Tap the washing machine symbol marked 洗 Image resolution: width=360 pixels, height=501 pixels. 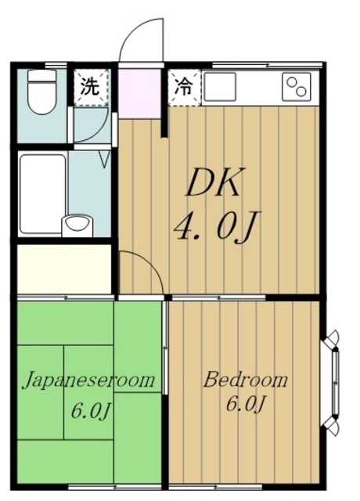coord(90,87)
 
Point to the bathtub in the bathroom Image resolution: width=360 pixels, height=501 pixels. coord(42,192)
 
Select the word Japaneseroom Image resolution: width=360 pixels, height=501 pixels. coord(88,381)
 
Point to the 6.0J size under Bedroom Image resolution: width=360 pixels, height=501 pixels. coord(245,405)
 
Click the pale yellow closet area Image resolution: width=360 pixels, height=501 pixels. coord(64,269)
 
